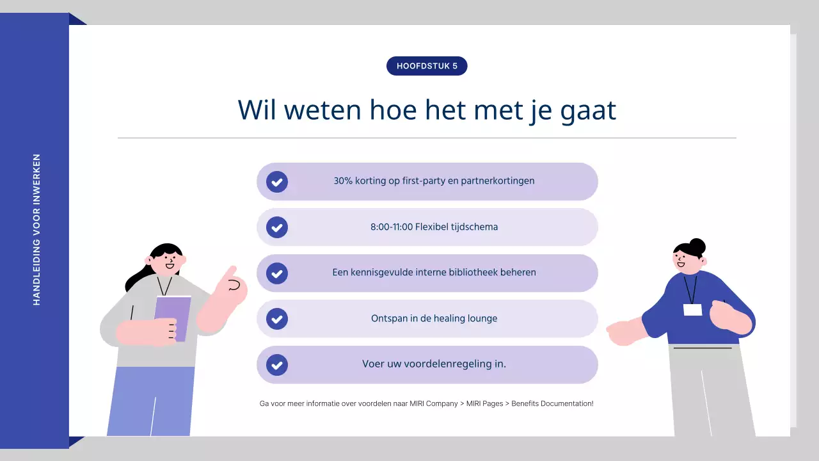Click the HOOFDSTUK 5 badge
[x=427, y=66]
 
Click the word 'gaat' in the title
[x=588, y=110]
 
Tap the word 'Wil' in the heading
[x=258, y=110]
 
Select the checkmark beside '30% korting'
[x=277, y=182]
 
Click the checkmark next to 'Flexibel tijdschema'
[x=277, y=227]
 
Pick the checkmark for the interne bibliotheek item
[x=277, y=273]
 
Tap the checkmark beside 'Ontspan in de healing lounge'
[x=277, y=319]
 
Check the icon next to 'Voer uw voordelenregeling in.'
[x=277, y=365]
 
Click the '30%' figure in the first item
[x=344, y=181]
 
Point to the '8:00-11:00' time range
[x=391, y=227]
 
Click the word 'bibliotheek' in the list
[x=472, y=273]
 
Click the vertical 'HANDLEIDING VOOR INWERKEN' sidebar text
[x=36, y=229]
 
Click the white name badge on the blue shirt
[x=692, y=310]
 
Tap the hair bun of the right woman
[x=697, y=246]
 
